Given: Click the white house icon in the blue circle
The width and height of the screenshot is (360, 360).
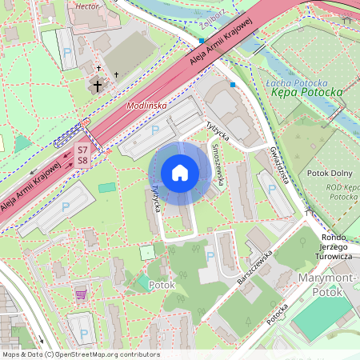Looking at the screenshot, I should click(179, 173).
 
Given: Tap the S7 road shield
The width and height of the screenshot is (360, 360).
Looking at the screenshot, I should click(82, 150).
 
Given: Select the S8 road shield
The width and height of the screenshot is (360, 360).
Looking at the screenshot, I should click(82, 161).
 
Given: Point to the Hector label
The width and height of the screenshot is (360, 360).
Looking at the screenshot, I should click(86, 5).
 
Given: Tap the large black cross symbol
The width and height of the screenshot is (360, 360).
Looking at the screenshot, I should click(98, 85).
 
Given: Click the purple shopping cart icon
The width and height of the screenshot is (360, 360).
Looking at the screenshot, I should click(81, 294).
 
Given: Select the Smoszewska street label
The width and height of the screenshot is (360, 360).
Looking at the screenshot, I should click(217, 165).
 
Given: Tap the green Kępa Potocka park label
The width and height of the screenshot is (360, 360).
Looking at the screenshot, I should click(307, 93).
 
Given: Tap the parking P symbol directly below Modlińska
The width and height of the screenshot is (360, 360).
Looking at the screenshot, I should click(155, 129).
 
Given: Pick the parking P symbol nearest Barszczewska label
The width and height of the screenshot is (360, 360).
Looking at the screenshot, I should click(210, 256).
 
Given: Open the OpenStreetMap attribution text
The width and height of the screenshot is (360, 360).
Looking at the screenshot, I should click(80, 354).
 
